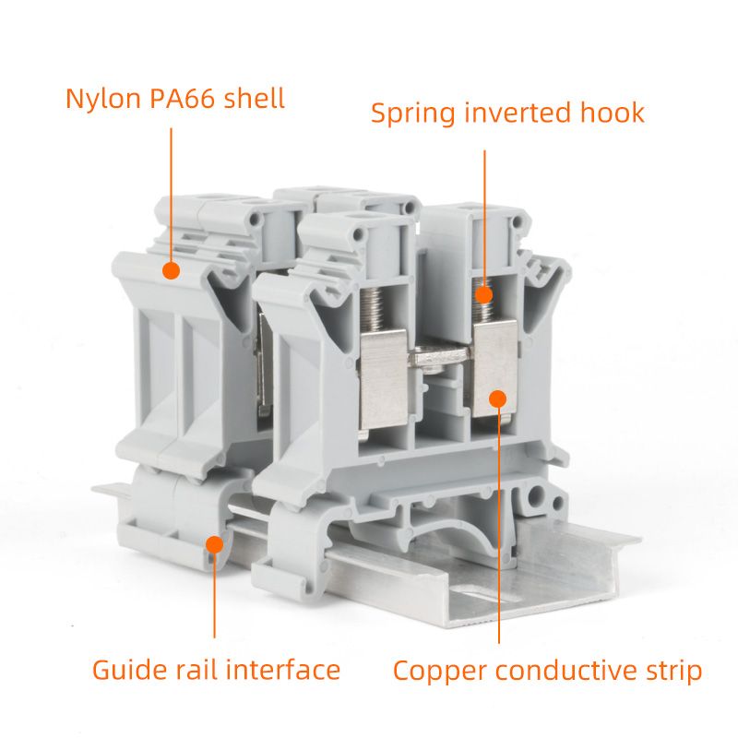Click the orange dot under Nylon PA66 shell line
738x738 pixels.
click(x=171, y=269)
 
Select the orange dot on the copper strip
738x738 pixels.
click(x=498, y=399)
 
